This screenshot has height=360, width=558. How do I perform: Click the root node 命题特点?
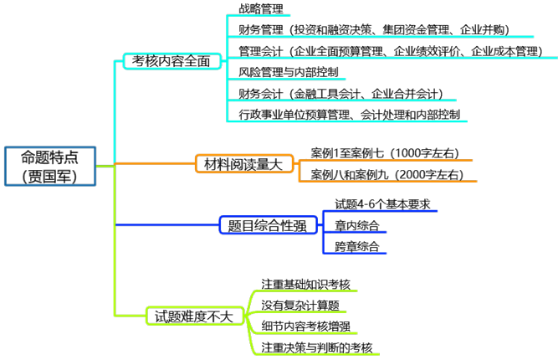point(49,157)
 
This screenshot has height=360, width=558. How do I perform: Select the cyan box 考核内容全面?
point(172,61)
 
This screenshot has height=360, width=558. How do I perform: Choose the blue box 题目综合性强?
point(261,224)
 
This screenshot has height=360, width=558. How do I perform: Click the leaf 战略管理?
point(260,9)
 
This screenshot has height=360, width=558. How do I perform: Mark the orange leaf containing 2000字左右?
point(387,176)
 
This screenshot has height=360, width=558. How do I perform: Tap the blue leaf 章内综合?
point(356,225)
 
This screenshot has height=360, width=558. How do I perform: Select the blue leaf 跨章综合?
point(356,247)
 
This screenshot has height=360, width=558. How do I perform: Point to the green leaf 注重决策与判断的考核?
point(316,347)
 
